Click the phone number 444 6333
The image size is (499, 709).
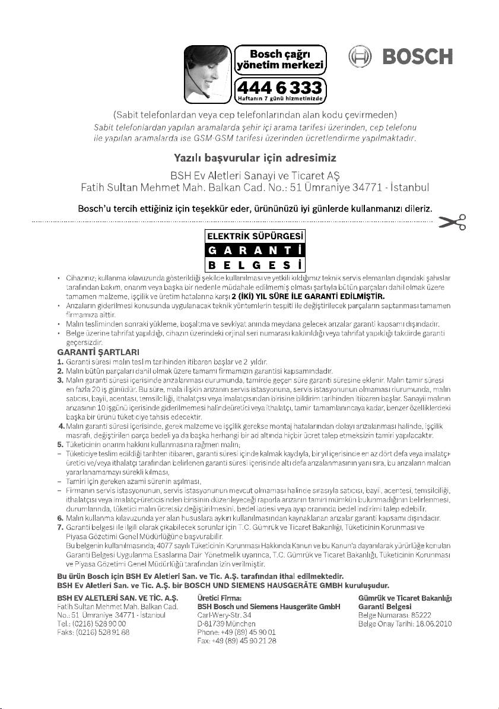(281, 86)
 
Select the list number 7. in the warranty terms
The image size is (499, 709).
(60, 527)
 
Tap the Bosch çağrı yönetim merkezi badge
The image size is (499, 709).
(281, 58)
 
